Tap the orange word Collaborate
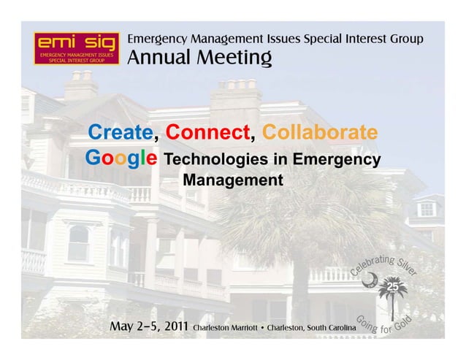[x=320, y=134]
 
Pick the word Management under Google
[x=232, y=179]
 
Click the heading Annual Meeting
[x=200, y=57]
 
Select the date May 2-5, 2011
[x=148, y=325]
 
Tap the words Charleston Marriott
[x=227, y=326]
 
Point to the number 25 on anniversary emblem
[x=393, y=286]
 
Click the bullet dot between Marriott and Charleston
[x=263, y=326]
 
